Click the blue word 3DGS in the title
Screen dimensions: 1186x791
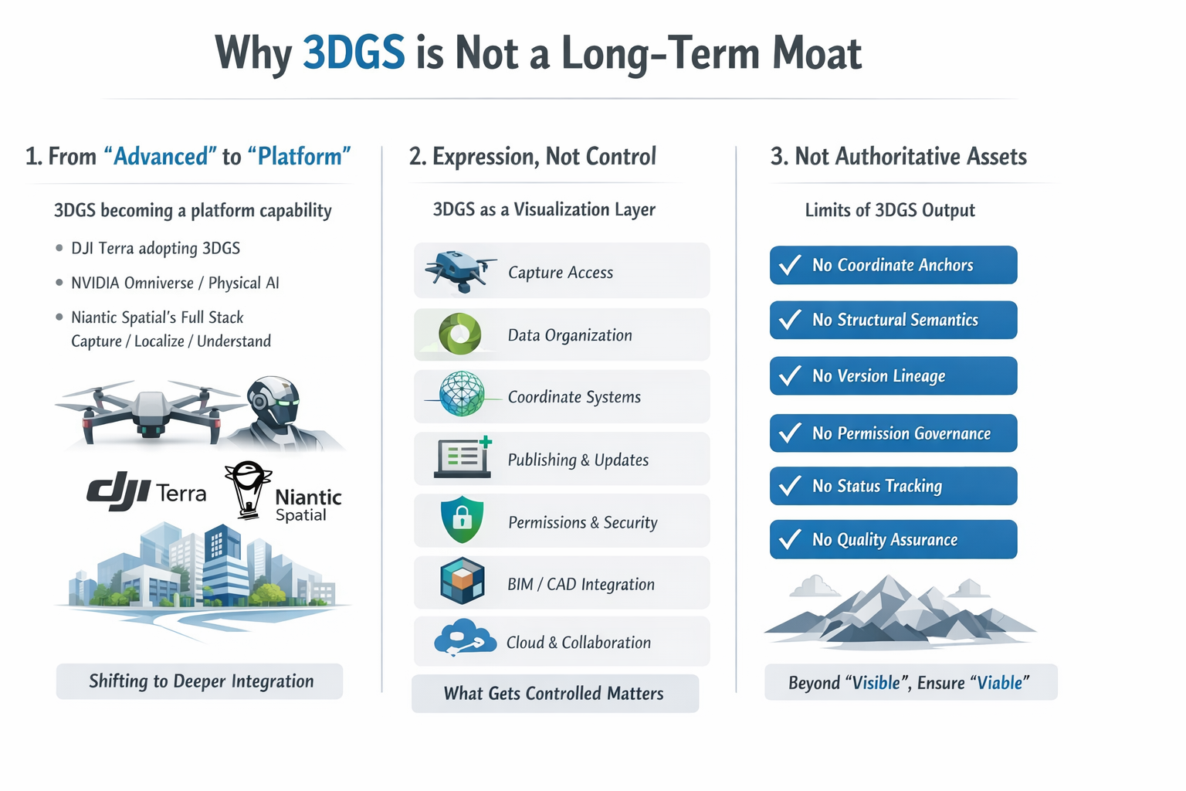tap(354, 53)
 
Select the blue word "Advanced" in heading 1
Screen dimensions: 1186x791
tap(161, 156)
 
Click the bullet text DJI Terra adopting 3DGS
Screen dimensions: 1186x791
tap(156, 248)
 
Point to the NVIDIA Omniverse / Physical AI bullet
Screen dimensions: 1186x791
tap(175, 283)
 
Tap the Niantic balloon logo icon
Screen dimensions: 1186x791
tap(248, 490)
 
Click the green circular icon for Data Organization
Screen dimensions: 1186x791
tap(460, 334)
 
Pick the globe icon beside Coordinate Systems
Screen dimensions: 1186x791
tap(462, 394)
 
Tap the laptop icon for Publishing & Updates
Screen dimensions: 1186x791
tap(463, 457)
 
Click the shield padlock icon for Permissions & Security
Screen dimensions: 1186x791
tap(463, 519)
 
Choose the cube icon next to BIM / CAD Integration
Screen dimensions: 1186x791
tap(463, 581)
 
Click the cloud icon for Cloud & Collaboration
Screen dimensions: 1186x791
tap(465, 638)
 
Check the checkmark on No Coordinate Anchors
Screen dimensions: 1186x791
tap(789, 265)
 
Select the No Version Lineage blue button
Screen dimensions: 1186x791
tap(893, 375)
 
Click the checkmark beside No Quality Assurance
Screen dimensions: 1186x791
tap(789, 539)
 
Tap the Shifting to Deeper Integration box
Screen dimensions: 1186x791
tap(200, 681)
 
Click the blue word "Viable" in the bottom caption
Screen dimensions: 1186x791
tap(999, 682)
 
